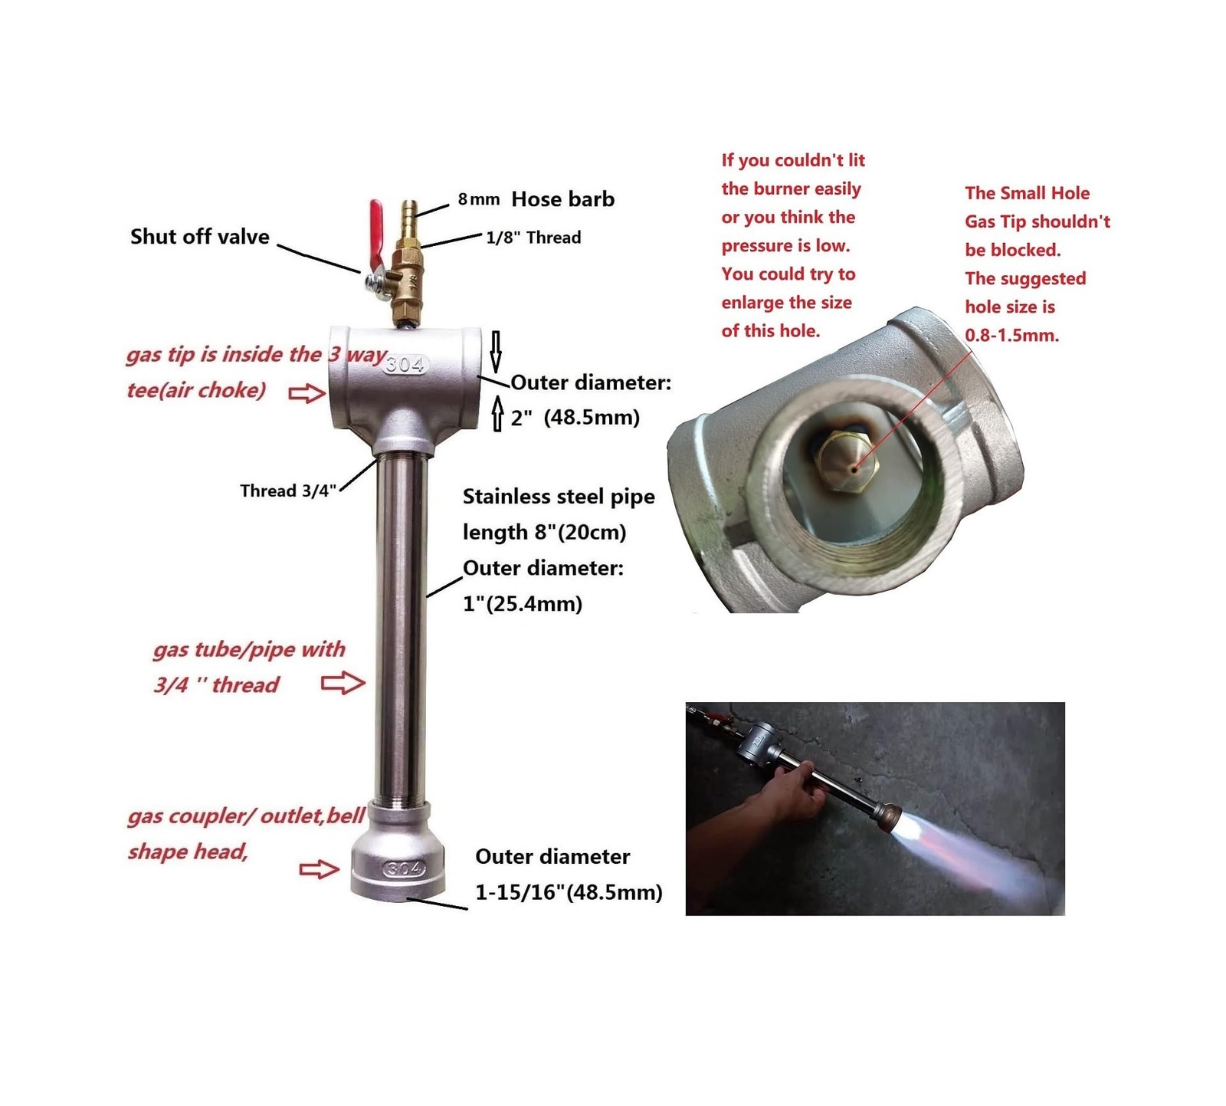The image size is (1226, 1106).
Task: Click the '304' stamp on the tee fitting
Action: tap(405, 364)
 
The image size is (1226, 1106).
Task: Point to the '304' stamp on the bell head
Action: tap(403, 868)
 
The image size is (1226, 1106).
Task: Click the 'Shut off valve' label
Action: tap(200, 237)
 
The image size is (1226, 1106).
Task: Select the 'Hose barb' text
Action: tap(563, 199)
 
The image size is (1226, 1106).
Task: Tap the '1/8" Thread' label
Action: tap(533, 238)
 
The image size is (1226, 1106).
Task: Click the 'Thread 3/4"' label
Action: tap(288, 491)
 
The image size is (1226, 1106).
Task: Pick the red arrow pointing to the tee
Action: tap(307, 393)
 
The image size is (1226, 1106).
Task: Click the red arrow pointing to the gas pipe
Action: tap(343, 682)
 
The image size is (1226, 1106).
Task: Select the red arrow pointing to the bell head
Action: tap(319, 868)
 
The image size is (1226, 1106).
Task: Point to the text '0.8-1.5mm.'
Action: tap(1012, 335)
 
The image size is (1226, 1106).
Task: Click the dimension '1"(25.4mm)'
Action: tap(523, 604)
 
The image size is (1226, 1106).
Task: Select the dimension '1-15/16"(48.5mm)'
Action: tap(569, 892)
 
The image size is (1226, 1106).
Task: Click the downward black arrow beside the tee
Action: tap(496, 352)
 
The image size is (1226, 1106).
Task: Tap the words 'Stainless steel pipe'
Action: tap(559, 497)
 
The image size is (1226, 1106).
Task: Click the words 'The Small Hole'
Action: tap(1027, 193)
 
